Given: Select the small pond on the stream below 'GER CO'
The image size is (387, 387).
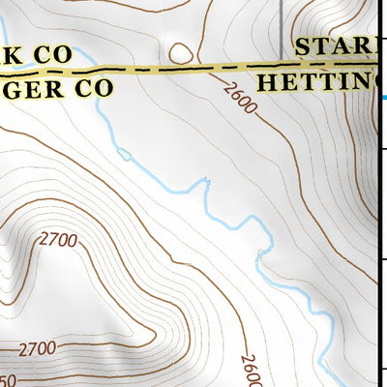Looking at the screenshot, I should [123, 153].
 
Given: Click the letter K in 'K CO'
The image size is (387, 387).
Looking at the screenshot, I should [12, 55].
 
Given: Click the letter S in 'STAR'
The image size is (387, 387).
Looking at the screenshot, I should [306, 47].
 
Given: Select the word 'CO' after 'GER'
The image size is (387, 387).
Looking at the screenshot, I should [93, 87].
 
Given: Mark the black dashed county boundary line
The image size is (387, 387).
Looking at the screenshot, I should [193, 70].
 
